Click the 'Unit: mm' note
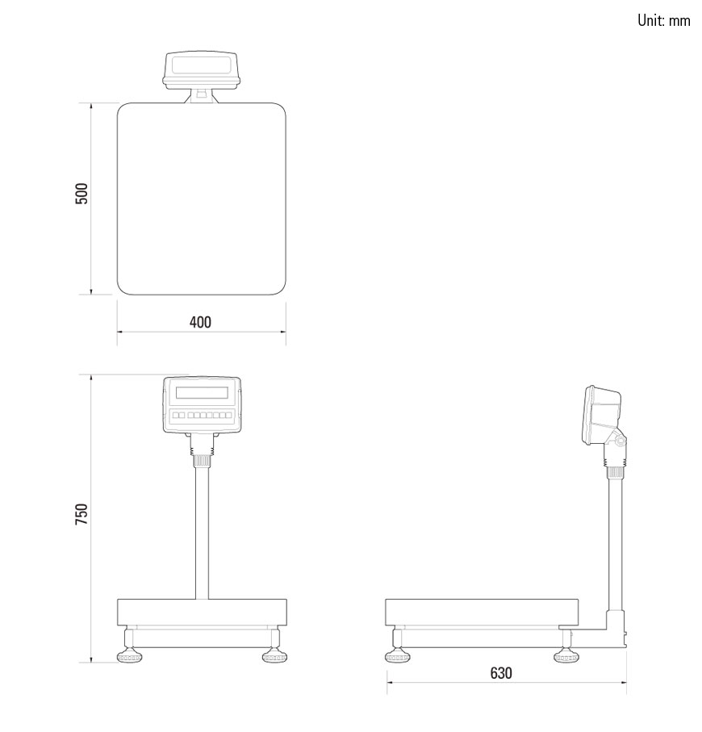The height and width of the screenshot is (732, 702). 664,20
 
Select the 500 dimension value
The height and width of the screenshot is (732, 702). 81,193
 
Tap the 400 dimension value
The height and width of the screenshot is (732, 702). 200,322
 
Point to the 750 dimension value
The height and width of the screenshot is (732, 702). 81,513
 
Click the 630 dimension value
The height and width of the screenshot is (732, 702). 501,673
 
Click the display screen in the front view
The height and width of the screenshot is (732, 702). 202,392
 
